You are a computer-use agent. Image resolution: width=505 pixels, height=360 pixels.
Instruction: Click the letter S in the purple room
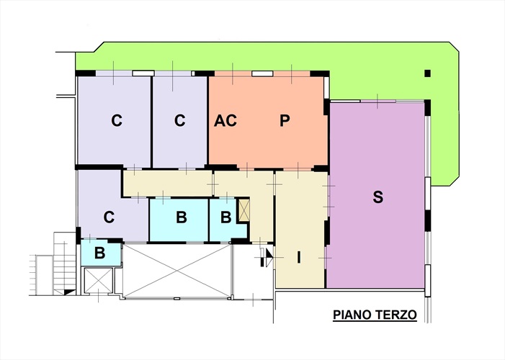pyautogui.click(x=378, y=197)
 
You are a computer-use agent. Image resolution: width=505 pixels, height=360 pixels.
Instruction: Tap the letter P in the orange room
pyautogui.click(x=285, y=121)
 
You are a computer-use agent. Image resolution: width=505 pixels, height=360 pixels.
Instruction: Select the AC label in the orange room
pyautogui.click(x=225, y=121)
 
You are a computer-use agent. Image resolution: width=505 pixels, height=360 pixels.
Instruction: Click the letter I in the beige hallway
pyautogui.click(x=299, y=257)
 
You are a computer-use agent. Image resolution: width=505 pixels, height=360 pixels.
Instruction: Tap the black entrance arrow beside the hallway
pyautogui.click(x=269, y=257)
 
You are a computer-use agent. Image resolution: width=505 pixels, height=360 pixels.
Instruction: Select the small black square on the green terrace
pyautogui.click(x=427, y=73)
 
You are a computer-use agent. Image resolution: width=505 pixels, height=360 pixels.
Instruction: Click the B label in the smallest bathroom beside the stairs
pyautogui.click(x=100, y=253)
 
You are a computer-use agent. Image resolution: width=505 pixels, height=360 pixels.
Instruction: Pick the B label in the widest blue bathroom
pyautogui.click(x=182, y=217)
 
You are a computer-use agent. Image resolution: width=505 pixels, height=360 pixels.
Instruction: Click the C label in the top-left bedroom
pyautogui.click(x=117, y=121)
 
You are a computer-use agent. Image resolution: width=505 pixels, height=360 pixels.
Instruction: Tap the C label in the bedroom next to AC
pyautogui.click(x=179, y=121)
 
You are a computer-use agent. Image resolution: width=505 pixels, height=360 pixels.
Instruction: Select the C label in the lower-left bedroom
pyautogui.click(x=109, y=217)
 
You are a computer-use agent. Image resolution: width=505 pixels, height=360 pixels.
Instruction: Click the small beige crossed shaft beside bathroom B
pyautogui.click(x=243, y=210)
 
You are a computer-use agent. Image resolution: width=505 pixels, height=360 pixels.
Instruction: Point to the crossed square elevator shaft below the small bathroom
pyautogui.click(x=98, y=281)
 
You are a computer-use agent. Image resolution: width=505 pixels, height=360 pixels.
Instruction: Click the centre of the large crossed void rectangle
pyautogui.click(x=176, y=271)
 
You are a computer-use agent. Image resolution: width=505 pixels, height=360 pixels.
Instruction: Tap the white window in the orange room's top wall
pyautogui.click(x=262, y=73)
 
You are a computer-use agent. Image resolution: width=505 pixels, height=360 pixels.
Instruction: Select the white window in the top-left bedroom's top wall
pyautogui.click(x=143, y=73)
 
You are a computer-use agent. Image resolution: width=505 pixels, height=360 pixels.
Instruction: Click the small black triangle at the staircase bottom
pyautogui.click(x=69, y=292)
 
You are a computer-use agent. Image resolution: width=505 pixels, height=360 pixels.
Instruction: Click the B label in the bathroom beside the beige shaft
pyautogui.click(x=225, y=217)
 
